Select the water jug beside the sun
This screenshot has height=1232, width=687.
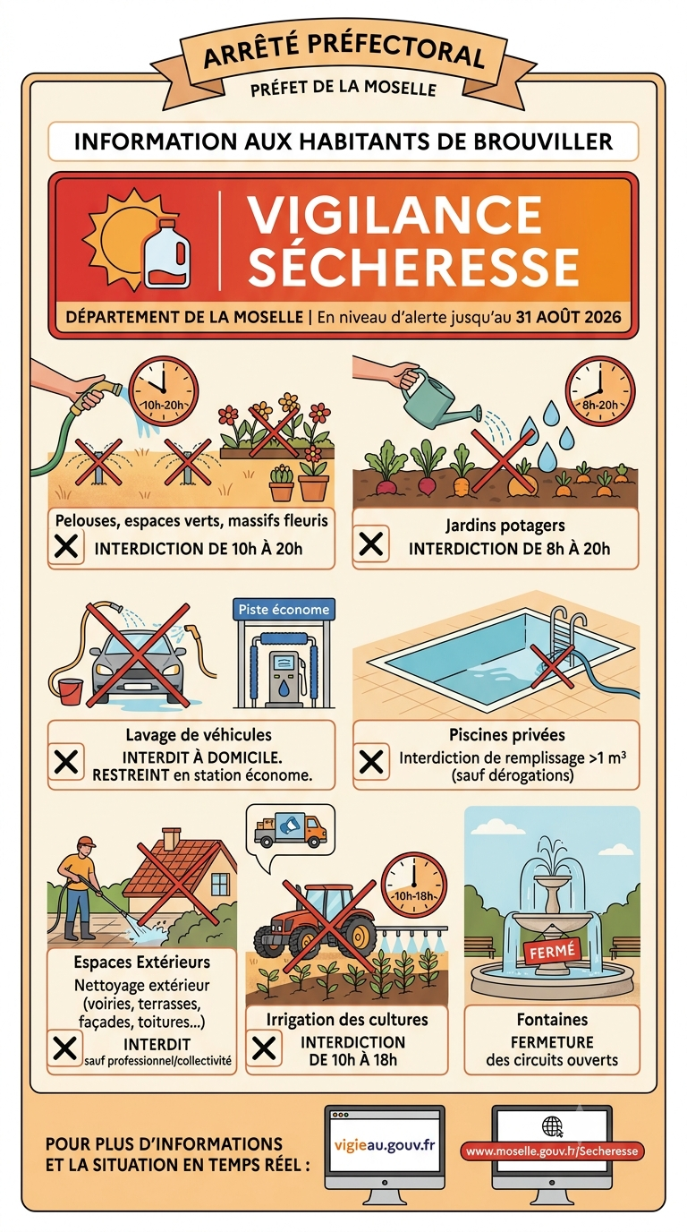(166, 253)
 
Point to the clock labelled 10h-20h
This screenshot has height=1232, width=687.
(163, 391)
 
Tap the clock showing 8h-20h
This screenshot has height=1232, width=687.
(599, 390)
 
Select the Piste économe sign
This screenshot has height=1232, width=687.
(284, 610)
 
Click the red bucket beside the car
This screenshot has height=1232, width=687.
(70, 691)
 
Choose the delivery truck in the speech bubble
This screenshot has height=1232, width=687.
(291, 830)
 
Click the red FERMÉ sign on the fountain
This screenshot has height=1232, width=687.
(551, 950)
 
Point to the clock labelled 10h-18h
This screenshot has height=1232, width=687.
(414, 885)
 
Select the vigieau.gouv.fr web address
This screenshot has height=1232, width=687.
(384, 1144)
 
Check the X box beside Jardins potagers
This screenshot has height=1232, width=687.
(371, 543)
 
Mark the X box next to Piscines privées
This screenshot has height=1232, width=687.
(371, 762)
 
